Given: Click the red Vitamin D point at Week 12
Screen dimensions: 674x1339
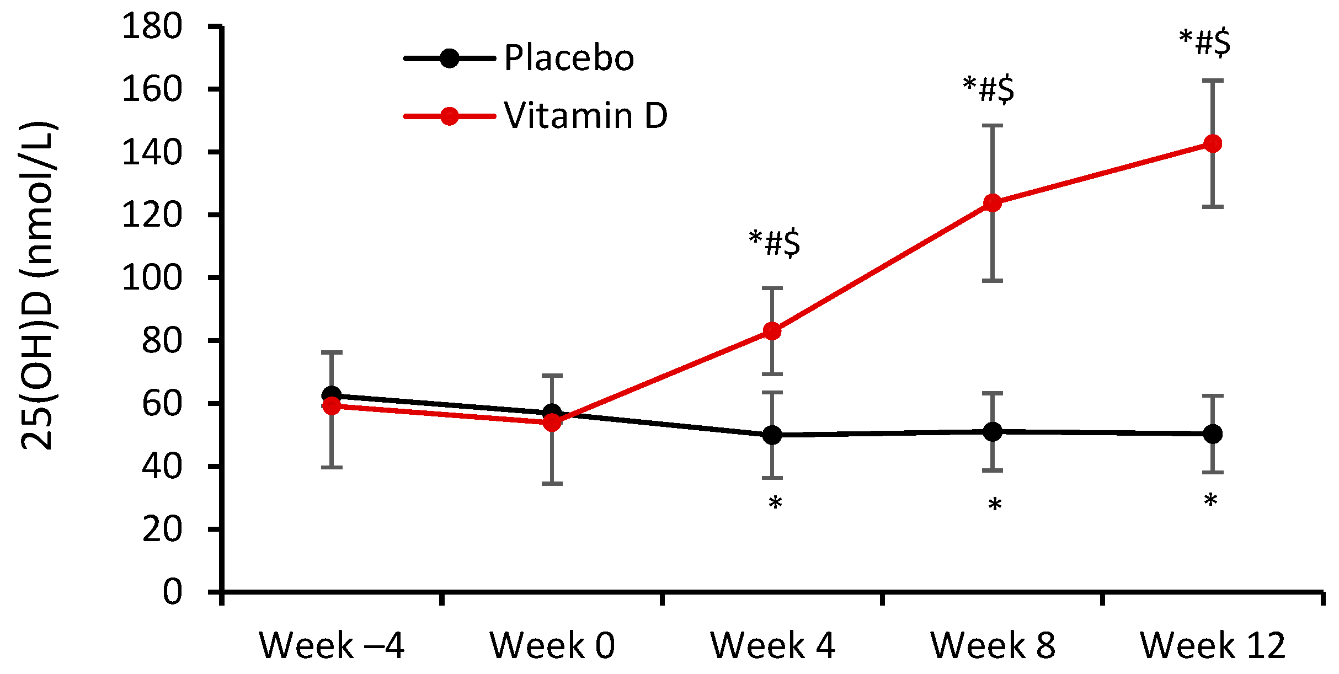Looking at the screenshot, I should pyautogui.click(x=1212, y=144).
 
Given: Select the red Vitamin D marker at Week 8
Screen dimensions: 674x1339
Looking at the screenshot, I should pyautogui.click(x=992, y=203).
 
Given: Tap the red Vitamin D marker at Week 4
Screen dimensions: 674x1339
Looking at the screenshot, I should pyautogui.click(x=772, y=331).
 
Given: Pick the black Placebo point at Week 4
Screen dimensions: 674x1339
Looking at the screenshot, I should pyautogui.click(x=772, y=435).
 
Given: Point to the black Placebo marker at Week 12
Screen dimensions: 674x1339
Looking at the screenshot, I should pyautogui.click(x=1212, y=434).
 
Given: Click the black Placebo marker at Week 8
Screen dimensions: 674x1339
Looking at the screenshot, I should pyautogui.click(x=992, y=432).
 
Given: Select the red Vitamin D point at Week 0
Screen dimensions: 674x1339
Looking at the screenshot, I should pyautogui.click(x=552, y=423).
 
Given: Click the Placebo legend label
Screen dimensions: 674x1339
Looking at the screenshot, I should pyautogui.click(x=569, y=58).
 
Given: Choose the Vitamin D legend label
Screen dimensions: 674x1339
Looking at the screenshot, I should pyautogui.click(x=585, y=116).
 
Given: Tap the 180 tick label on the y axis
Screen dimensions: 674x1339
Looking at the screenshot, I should pyautogui.click(x=152, y=26).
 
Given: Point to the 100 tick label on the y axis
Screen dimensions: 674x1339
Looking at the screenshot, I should pyautogui.click(x=152, y=277).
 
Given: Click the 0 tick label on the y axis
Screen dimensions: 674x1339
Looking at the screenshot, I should pyautogui.click(x=172, y=592).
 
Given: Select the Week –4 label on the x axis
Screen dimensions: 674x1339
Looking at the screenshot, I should pyautogui.click(x=332, y=645).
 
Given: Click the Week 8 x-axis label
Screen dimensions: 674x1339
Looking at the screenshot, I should pyautogui.click(x=992, y=645).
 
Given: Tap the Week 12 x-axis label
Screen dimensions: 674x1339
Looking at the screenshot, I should pyautogui.click(x=1212, y=645).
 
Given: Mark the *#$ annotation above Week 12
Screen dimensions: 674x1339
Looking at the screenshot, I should pyautogui.click(x=1204, y=42).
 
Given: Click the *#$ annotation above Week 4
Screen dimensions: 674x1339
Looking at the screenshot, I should pyautogui.click(x=774, y=243).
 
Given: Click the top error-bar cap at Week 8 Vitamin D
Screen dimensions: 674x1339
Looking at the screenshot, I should pyautogui.click(x=992, y=126).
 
